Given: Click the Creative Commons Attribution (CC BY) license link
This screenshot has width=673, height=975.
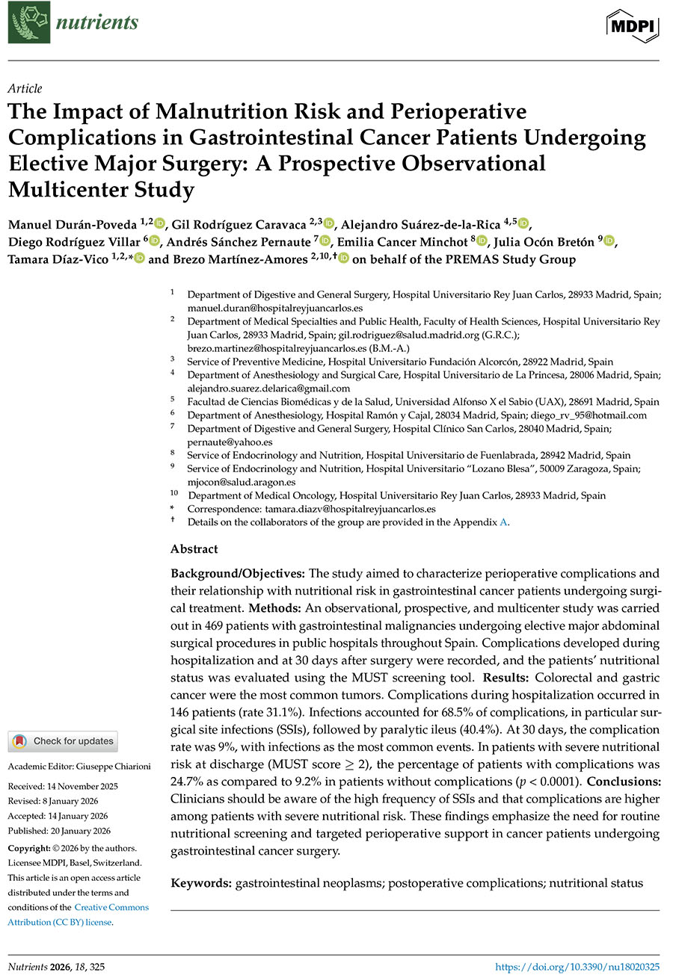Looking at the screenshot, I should pos(78,914).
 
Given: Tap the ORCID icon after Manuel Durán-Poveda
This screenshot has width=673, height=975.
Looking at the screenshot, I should pos(159,223).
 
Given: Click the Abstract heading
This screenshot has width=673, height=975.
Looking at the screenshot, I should pos(194,549).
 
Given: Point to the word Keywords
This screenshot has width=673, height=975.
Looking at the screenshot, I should pos(200,883).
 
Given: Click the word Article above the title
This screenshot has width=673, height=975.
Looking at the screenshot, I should pos(25,89).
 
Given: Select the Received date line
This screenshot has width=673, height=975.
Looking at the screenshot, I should pos(63,786).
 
